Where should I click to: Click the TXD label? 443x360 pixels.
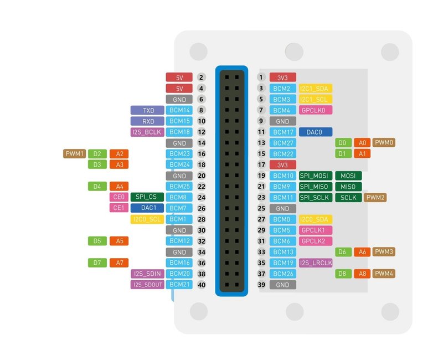147,110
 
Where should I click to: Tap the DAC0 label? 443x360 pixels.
316,132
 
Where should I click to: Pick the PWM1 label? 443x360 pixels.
74,153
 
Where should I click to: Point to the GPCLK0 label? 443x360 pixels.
315,110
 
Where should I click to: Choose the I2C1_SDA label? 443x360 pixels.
315,89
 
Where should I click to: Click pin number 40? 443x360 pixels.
202,285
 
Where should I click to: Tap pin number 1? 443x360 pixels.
261,78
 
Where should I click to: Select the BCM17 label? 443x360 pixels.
282,132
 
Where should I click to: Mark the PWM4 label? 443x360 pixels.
384,274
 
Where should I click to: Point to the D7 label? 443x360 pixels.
97,263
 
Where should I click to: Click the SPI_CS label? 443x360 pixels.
147,197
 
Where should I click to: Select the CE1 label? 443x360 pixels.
119,208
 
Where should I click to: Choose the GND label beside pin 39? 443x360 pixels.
282,285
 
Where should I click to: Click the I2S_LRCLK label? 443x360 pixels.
315,263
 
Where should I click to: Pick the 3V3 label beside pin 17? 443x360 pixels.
282,164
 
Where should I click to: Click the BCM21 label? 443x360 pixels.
179,285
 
